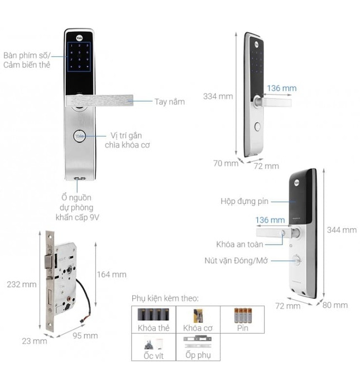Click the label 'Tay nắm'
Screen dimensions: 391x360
(170, 102)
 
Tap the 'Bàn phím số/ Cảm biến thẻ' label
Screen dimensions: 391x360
(27, 60)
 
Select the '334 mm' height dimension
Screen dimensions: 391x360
(218, 96)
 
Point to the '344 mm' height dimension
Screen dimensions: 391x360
(341, 230)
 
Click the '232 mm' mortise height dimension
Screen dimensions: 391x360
(22, 284)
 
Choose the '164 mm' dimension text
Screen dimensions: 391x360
(112, 274)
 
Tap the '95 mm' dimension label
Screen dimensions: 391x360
(86, 336)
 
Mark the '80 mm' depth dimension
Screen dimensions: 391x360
(336, 305)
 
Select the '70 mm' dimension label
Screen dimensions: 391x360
(225, 164)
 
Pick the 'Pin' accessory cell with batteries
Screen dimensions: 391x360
(242, 320)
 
